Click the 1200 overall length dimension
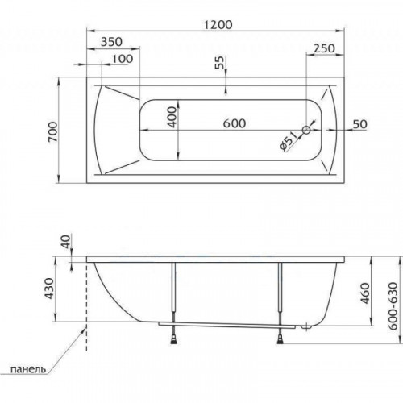click(x=218, y=25)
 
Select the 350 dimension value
click(x=111, y=42)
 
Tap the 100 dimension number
click(x=123, y=59)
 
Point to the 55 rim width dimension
click(x=220, y=63)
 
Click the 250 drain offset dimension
click(x=325, y=48)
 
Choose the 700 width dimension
click(x=52, y=132)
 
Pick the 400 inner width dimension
click(x=172, y=117)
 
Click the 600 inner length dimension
click(x=235, y=123)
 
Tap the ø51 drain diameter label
click(x=289, y=141)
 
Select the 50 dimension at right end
click(x=359, y=124)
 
